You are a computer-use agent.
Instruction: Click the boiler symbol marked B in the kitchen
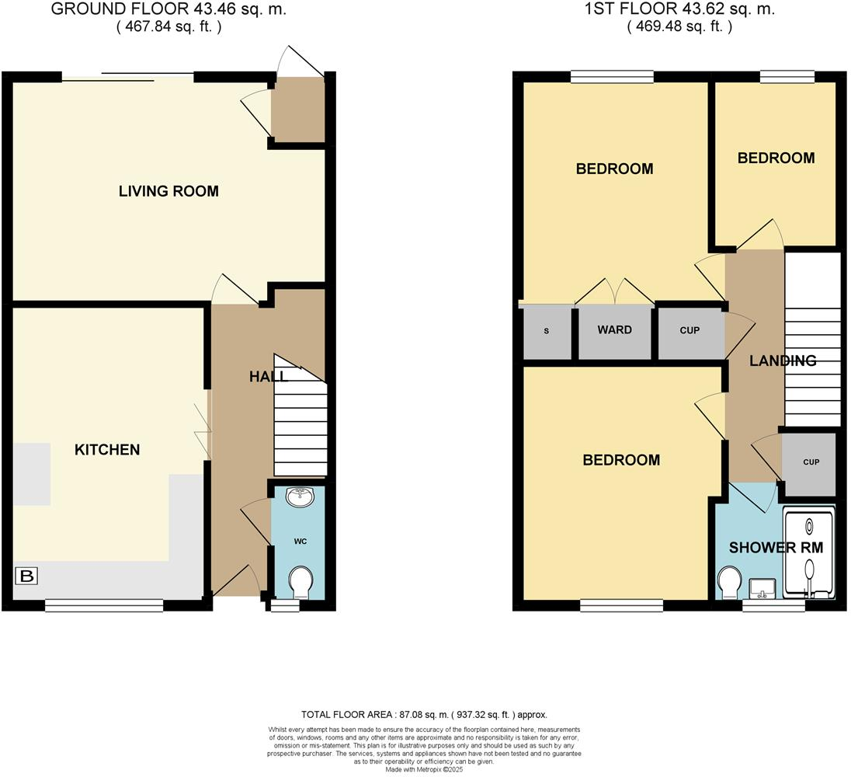click(26, 577)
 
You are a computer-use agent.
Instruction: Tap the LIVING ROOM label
click(168, 191)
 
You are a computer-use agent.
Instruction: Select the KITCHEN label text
click(107, 450)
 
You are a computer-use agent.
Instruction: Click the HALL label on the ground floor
click(269, 377)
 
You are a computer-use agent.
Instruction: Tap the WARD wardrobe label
click(614, 330)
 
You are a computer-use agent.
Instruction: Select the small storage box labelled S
click(547, 332)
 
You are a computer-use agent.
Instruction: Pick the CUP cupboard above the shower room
click(810, 463)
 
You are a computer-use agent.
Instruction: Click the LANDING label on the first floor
click(783, 361)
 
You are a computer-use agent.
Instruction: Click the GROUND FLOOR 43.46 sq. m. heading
click(168, 10)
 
